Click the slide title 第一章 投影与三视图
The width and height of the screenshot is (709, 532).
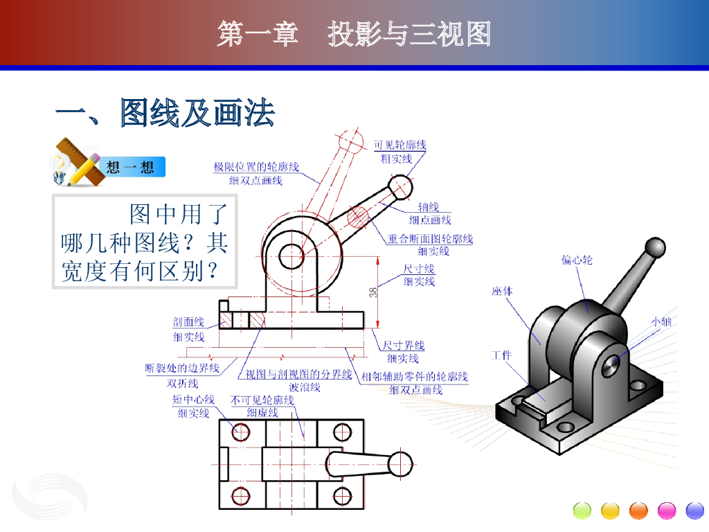(x=354, y=33)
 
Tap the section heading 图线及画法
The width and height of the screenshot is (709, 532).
(x=197, y=113)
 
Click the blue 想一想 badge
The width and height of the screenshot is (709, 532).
(x=131, y=167)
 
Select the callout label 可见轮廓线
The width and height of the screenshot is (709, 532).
(x=400, y=145)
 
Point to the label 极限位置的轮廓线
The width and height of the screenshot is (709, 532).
(x=256, y=167)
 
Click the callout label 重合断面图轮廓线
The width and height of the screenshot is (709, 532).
(x=430, y=238)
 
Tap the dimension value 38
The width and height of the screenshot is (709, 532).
(x=373, y=292)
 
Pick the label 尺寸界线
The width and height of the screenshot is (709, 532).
(x=404, y=345)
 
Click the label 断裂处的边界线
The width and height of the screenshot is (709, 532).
(x=182, y=369)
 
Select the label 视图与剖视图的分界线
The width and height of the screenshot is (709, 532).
(x=298, y=374)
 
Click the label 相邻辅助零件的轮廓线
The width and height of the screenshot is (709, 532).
(x=415, y=376)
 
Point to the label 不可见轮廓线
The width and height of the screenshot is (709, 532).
(x=262, y=400)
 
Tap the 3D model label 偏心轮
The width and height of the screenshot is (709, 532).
(x=577, y=260)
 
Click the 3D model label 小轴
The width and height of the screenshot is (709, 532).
(x=661, y=321)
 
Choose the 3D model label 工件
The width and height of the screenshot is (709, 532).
(x=501, y=355)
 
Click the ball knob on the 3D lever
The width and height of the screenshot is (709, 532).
(x=655, y=248)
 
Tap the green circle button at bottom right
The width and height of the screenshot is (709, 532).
(x=582, y=511)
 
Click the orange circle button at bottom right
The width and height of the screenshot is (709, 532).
(x=638, y=511)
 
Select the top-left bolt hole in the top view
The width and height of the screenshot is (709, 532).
(x=240, y=432)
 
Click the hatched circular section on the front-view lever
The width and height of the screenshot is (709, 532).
(x=358, y=217)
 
